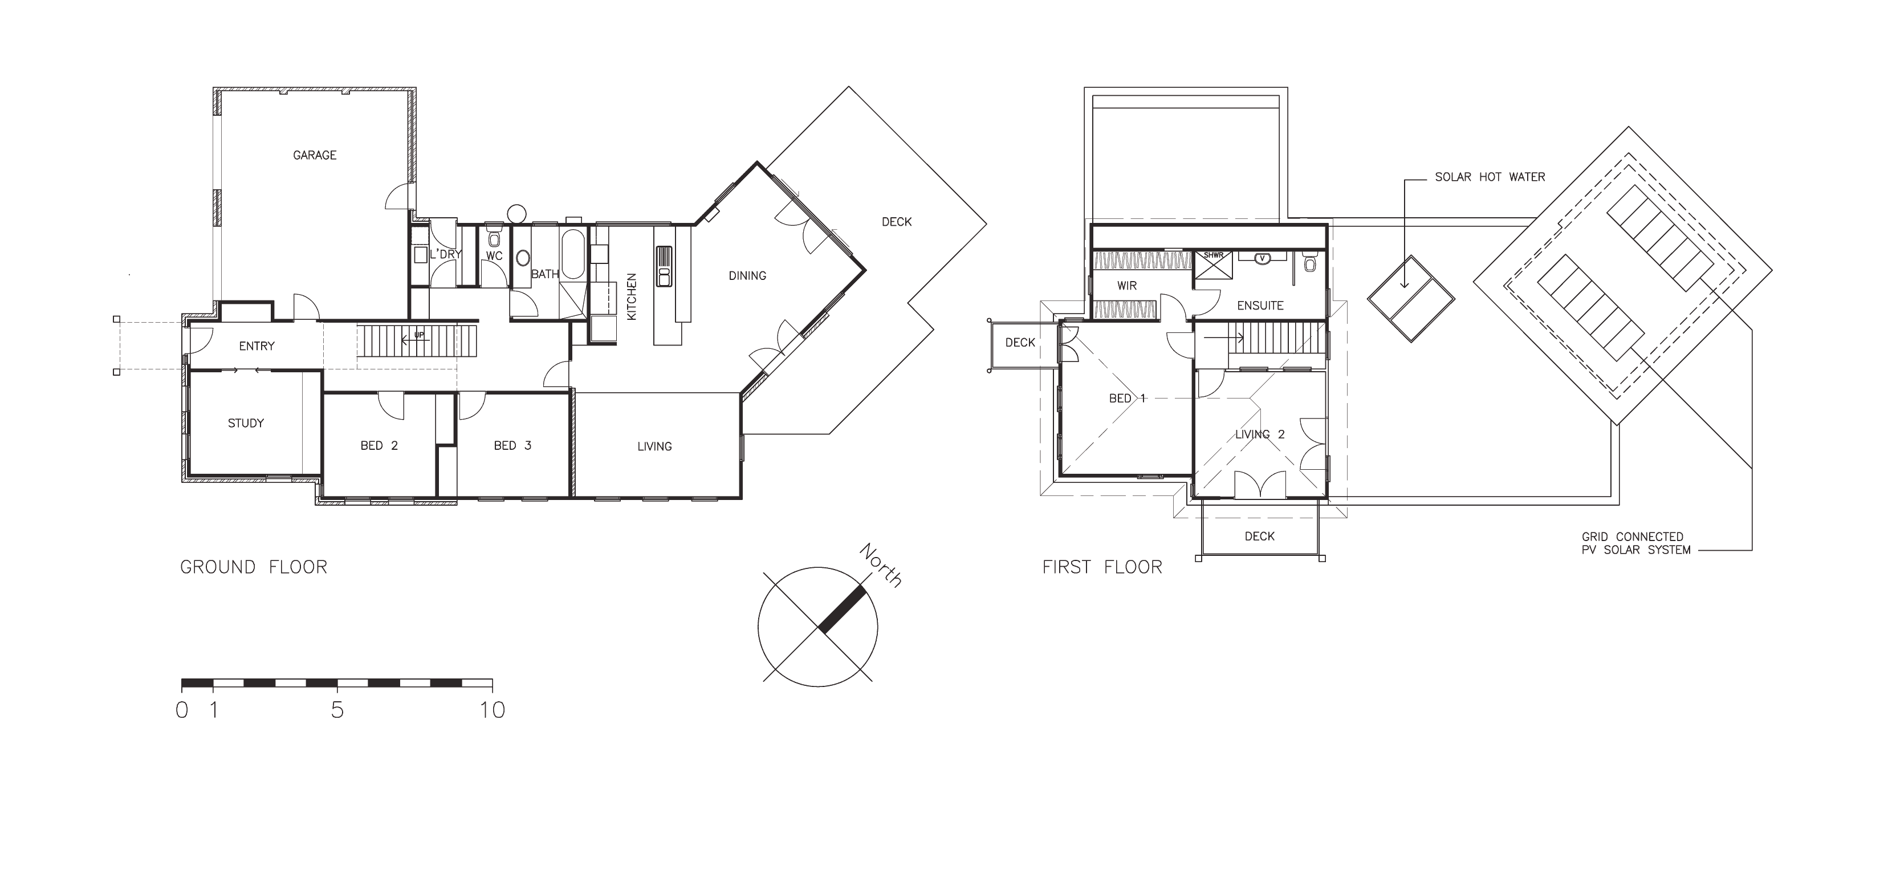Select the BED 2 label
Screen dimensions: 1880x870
pos(380,446)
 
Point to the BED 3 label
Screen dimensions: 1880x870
pos(512,446)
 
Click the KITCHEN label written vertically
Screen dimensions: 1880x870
pos(632,297)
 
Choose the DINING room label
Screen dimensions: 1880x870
pos(747,276)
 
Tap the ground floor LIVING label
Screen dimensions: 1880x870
pos(654,446)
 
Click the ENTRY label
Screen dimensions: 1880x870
pos(257,346)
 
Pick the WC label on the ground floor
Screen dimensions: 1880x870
pos(494,256)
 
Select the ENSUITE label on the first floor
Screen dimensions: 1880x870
pos(1260,306)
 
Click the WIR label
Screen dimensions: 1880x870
pos(1127,286)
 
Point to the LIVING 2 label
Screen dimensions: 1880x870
pos(1260,435)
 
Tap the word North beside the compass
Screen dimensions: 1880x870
pos(881,565)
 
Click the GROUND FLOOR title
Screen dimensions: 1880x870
pos(254,567)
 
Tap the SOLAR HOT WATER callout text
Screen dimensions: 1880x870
pos(1490,177)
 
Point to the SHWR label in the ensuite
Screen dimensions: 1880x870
pos(1214,255)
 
